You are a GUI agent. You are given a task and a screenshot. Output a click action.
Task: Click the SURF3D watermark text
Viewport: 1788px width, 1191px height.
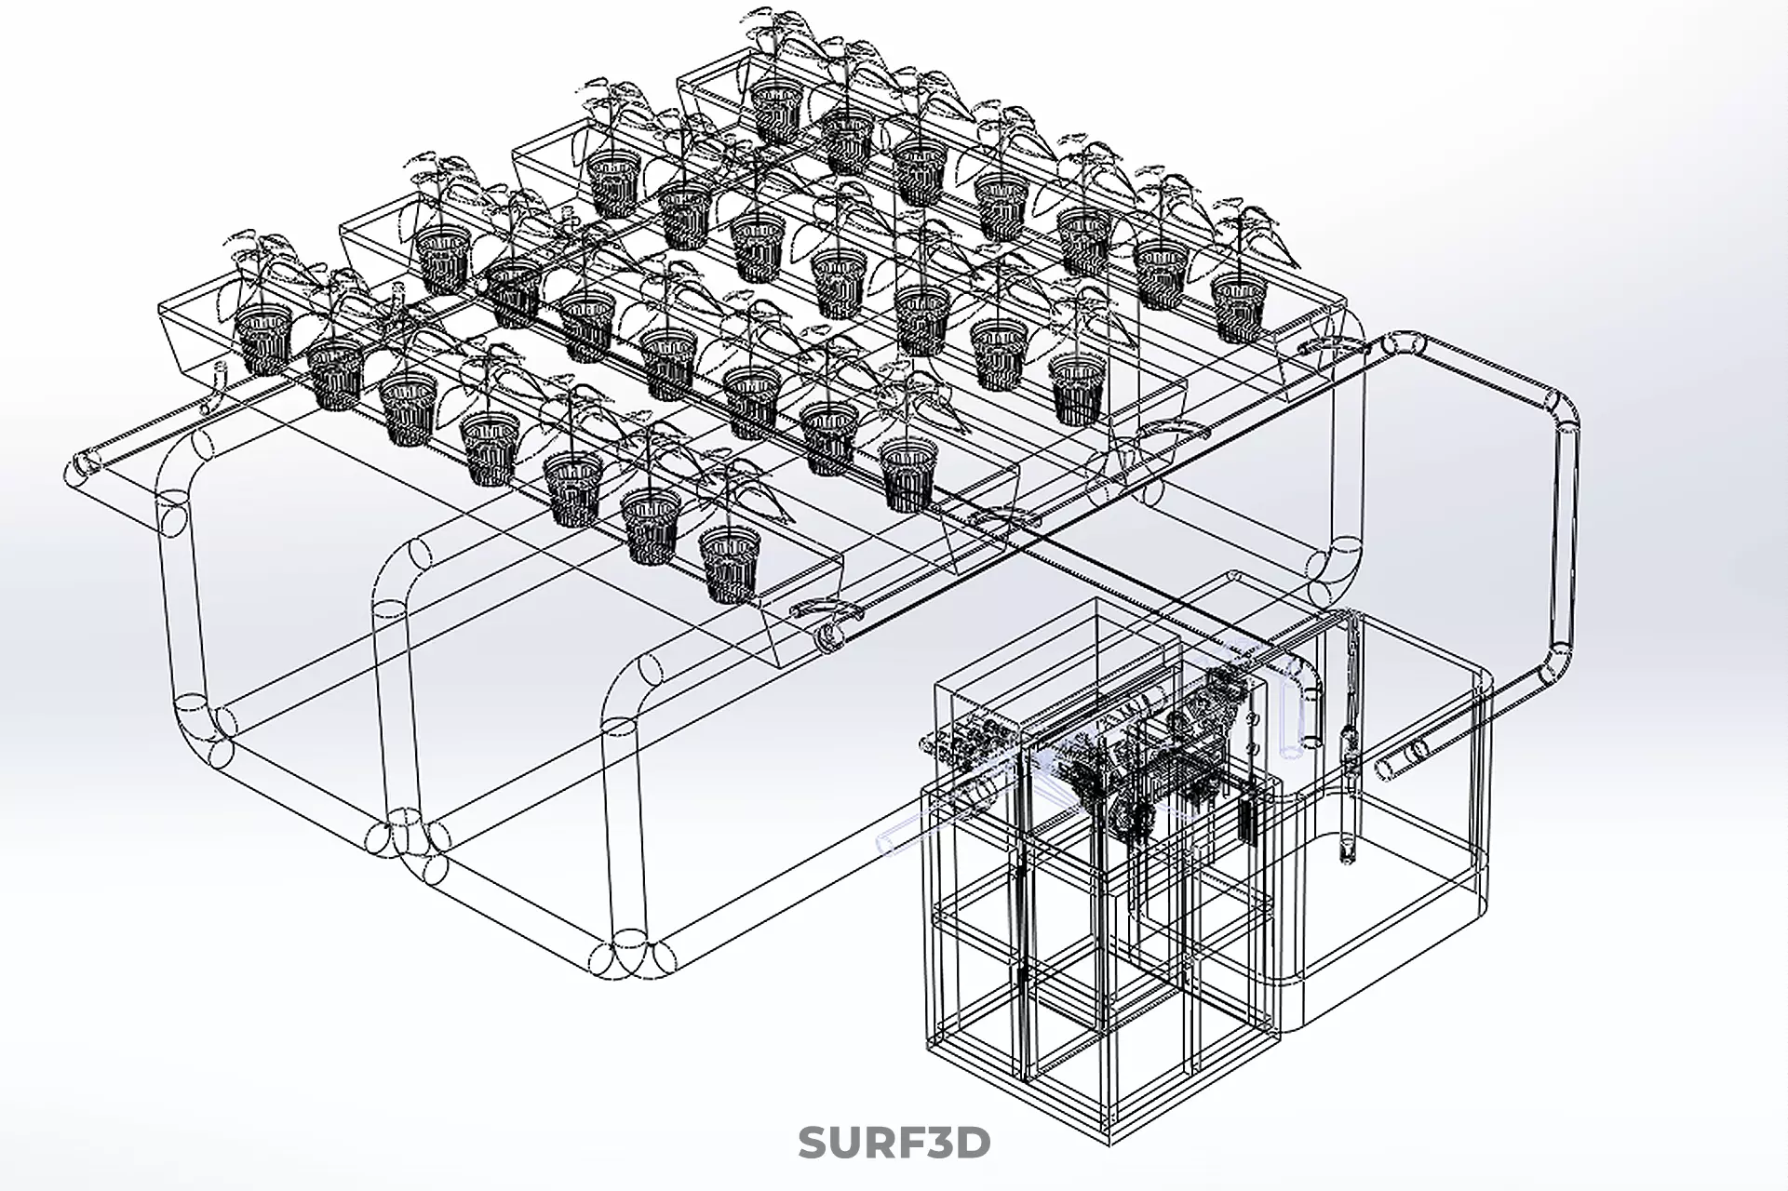coord(894,1143)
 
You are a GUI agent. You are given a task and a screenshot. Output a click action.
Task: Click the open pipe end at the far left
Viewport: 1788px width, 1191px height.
coord(85,463)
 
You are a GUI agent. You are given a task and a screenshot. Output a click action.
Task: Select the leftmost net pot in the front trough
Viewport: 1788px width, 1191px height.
coord(262,337)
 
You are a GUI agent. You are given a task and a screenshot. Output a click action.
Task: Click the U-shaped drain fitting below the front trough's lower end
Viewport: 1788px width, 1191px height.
coord(826,610)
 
